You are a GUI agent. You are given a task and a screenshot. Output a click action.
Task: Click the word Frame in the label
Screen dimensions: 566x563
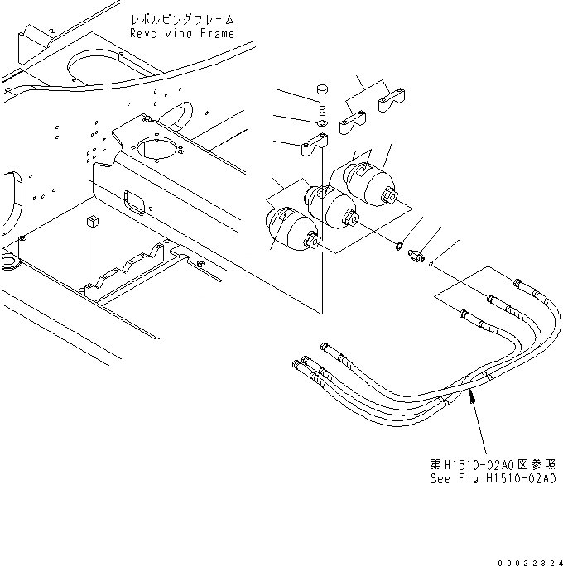[x=215, y=33]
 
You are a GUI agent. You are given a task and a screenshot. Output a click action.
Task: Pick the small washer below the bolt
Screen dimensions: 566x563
[x=322, y=124]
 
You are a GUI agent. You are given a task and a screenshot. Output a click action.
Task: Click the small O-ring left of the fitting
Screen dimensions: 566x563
[x=399, y=246]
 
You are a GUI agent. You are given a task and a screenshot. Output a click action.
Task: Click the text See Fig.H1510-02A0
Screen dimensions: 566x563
[x=492, y=479]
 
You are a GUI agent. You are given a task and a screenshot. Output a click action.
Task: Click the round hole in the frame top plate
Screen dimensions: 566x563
[x=157, y=147]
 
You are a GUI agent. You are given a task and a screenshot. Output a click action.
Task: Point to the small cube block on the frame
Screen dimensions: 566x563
[x=92, y=223]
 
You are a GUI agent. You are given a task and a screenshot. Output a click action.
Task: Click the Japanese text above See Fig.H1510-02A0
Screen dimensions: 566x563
[x=492, y=465]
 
